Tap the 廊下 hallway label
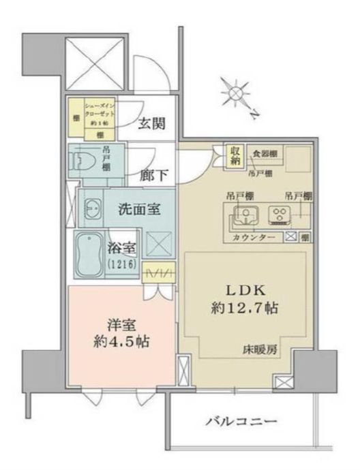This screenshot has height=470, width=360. tap(152, 173)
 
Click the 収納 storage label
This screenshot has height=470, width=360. tap(234, 156)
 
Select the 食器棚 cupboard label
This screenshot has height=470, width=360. tap(263, 153)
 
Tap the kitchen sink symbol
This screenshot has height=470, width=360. tap(243, 215)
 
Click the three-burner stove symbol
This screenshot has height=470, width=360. tap(280, 215)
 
